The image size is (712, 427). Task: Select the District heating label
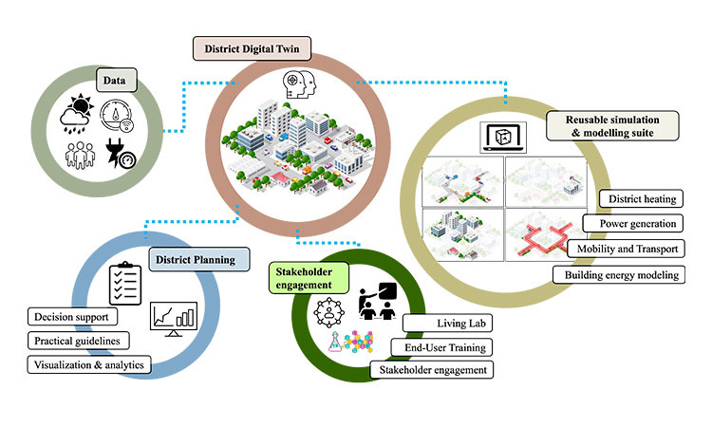tap(641, 199)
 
